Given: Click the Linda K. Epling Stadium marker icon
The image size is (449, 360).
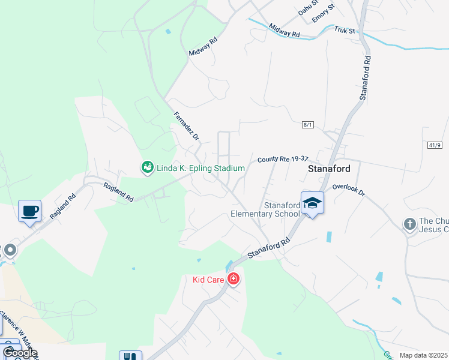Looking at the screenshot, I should (147, 168).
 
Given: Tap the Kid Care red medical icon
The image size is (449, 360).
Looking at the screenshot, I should (233, 279).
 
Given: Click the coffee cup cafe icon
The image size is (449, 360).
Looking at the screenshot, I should (29, 211).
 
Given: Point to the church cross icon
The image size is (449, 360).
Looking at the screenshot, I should (410, 224).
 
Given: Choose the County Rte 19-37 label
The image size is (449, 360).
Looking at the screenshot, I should (282, 159).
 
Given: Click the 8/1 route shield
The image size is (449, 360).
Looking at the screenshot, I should (308, 125).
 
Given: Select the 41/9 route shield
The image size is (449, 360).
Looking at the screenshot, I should (435, 145).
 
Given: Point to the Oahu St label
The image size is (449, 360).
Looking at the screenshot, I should (307, 10).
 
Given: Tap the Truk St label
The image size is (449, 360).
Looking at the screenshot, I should (345, 29).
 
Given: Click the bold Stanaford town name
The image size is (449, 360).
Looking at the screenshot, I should (329, 169).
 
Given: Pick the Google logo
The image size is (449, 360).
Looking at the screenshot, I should (19, 353).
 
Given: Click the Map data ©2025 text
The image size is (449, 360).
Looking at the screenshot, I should (423, 355).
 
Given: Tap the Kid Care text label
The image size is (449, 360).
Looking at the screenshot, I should (208, 280).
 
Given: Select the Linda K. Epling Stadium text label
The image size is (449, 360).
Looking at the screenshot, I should (200, 169).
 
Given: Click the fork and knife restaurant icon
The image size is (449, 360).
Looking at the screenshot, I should (130, 356).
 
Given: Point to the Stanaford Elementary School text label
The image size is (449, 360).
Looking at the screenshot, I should (265, 209).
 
